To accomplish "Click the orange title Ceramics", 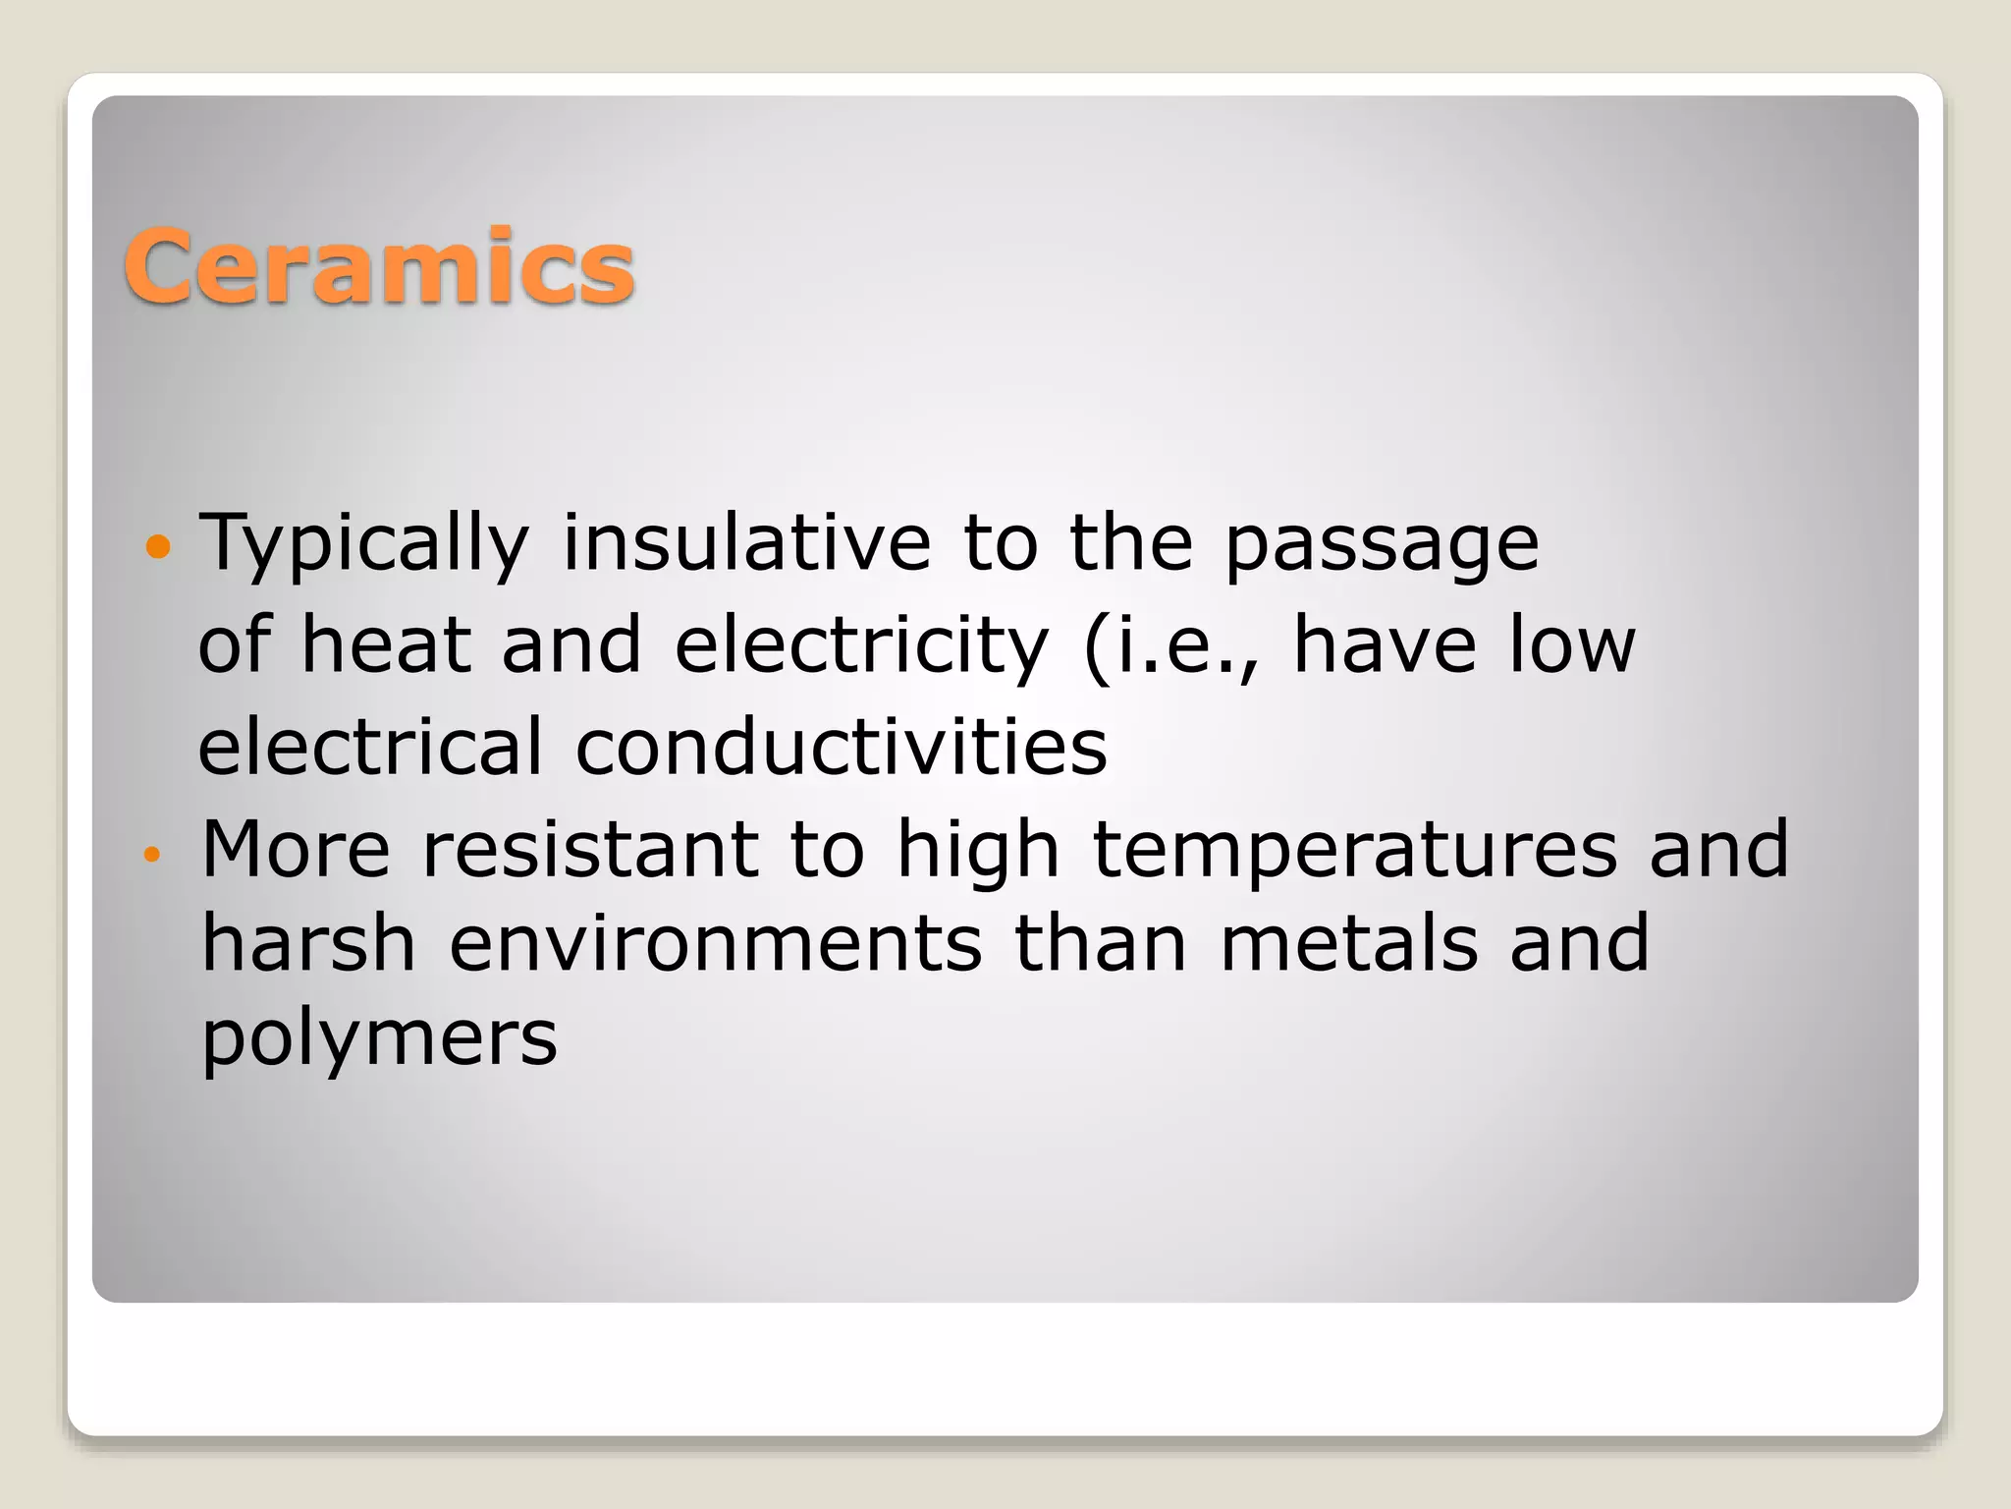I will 379,266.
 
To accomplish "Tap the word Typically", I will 364,543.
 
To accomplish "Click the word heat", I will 385,644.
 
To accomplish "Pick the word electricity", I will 861,646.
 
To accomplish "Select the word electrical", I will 370,747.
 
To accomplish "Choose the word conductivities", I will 842,747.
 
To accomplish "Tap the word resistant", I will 590,849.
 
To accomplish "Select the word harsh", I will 308,943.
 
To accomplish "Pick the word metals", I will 1349,943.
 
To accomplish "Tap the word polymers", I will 379,1039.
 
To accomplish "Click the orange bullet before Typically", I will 157,545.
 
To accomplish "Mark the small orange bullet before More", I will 150,854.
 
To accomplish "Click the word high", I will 978,851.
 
